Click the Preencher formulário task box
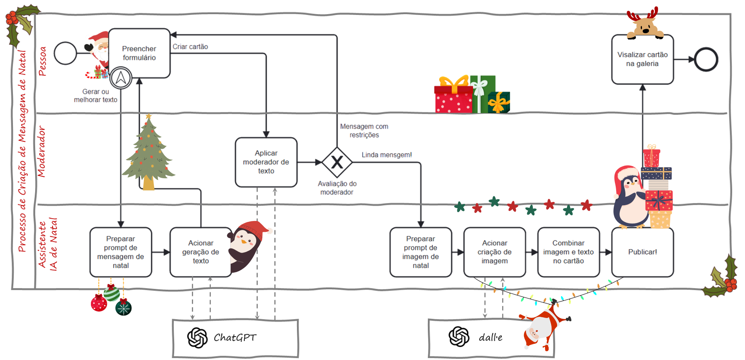(139, 53)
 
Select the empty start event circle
(65, 53)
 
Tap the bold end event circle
(706, 60)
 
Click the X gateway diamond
(337, 162)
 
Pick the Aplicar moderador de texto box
(266, 162)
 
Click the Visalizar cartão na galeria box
(642, 59)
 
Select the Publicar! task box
(642, 252)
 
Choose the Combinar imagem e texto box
(568, 252)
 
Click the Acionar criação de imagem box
(495, 252)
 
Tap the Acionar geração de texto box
(200, 252)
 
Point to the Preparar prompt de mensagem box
(120, 252)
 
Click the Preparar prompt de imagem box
(421, 252)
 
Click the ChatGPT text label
(235, 337)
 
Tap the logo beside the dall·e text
(459, 337)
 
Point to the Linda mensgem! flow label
(387, 155)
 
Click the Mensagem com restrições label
(364, 131)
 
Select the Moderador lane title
(41, 152)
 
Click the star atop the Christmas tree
(149, 116)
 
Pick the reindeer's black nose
(646, 31)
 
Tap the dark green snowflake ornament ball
(124, 308)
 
